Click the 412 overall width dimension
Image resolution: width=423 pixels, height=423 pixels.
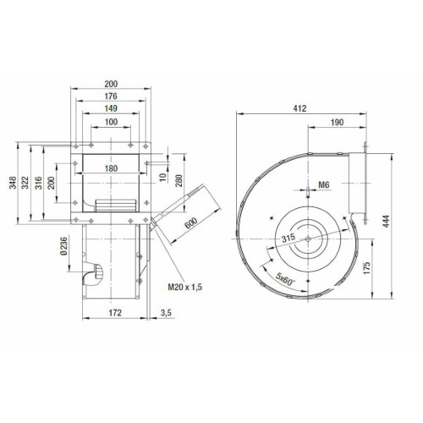click(x=299, y=108)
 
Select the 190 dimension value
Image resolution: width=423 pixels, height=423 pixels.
click(x=337, y=122)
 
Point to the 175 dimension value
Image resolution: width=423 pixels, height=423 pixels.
click(x=366, y=268)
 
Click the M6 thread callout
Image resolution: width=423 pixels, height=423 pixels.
click(x=324, y=185)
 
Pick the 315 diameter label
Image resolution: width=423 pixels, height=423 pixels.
click(x=288, y=239)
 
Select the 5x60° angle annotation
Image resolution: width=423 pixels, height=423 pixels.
click(x=285, y=279)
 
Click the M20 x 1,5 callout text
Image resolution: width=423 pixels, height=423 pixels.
click(x=185, y=287)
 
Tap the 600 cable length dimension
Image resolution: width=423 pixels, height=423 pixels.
click(x=191, y=223)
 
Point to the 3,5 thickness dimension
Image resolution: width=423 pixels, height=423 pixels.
click(x=166, y=313)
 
